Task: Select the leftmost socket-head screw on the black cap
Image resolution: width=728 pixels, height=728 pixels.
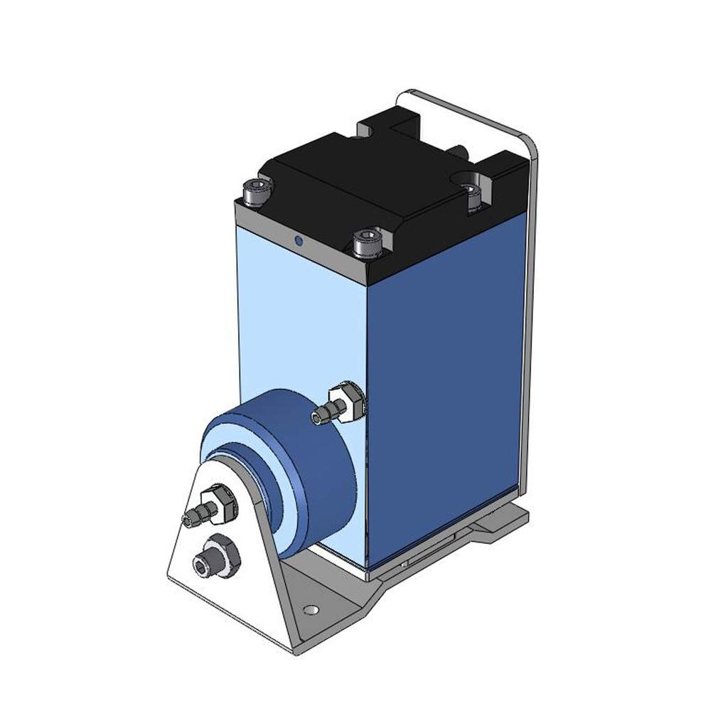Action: coord(257,191)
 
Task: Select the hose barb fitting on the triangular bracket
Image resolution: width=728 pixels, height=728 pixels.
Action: coord(196,516)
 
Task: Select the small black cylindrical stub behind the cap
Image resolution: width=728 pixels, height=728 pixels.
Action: coord(459,150)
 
